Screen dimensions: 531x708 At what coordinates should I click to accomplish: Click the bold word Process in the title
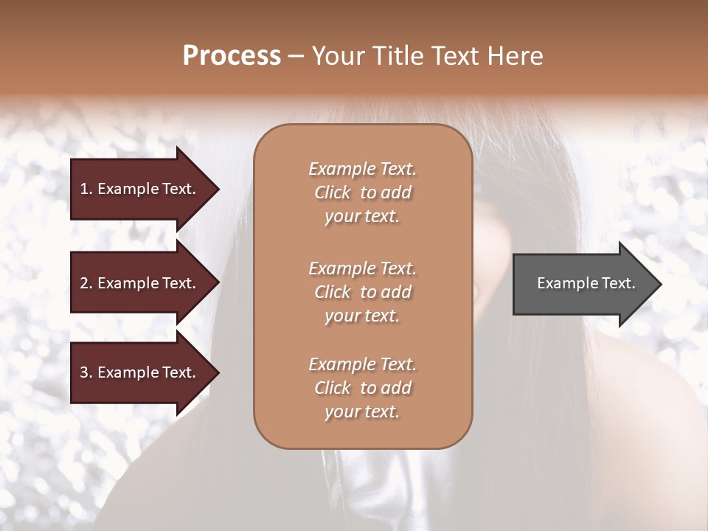click(232, 56)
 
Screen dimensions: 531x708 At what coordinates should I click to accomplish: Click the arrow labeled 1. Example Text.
click(140, 189)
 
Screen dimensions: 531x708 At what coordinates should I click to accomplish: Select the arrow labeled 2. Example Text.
click(140, 283)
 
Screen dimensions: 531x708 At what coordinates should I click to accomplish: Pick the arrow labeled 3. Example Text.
click(140, 372)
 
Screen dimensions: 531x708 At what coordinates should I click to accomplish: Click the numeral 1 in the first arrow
click(84, 189)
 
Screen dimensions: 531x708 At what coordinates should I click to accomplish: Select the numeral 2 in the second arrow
click(85, 283)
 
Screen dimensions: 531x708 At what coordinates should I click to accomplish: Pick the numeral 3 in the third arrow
click(85, 372)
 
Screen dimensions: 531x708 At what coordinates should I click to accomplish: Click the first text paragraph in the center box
click(363, 192)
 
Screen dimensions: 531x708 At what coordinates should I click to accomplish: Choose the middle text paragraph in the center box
click(363, 292)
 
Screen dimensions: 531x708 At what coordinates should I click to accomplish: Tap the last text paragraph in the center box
click(363, 388)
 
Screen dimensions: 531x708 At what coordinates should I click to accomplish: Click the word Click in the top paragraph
click(333, 192)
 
